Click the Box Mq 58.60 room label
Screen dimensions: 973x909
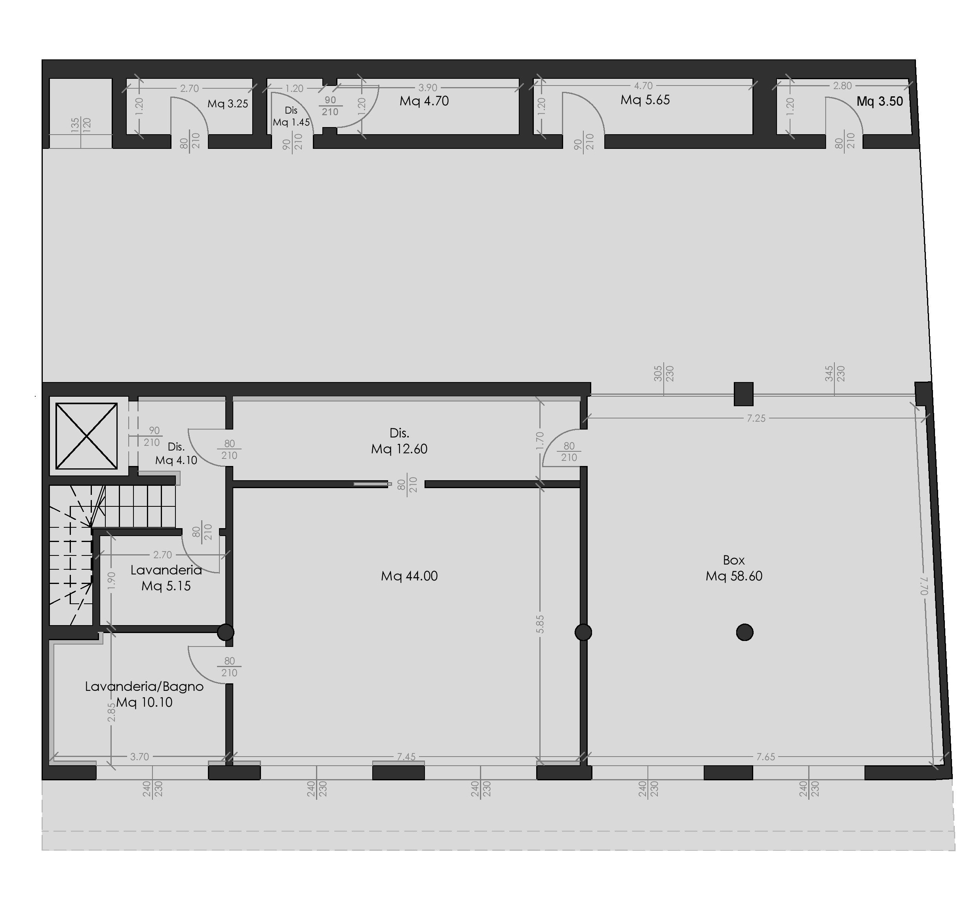click(734, 568)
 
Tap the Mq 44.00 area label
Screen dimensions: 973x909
click(409, 576)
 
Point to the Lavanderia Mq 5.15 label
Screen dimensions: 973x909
click(166, 578)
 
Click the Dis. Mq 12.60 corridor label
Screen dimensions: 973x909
click(400, 441)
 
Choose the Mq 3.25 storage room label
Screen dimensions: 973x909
click(228, 104)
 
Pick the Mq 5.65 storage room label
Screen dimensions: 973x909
click(645, 100)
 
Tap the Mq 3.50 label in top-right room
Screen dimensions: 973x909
click(880, 101)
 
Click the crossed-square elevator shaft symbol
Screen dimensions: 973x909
click(87, 436)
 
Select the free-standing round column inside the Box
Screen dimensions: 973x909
click(745, 633)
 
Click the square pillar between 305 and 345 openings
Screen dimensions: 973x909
click(743, 394)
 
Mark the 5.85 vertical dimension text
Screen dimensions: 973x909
click(540, 624)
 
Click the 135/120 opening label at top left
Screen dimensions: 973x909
click(81, 125)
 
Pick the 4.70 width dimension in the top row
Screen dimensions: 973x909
click(644, 86)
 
